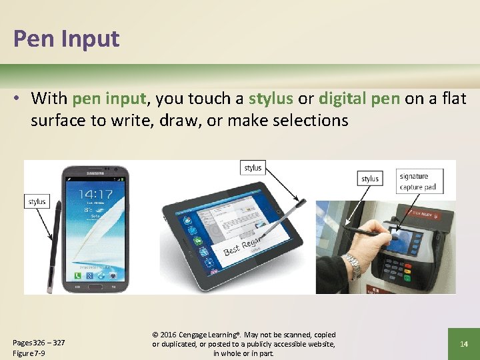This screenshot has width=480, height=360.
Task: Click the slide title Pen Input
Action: point(66,39)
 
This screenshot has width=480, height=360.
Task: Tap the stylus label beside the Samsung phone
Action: point(37,201)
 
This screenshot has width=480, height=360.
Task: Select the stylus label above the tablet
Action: point(253,167)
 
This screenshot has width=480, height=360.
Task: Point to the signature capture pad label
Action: point(418,181)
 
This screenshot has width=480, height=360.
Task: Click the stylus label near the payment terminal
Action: point(370,178)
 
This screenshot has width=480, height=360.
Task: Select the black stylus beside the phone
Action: point(55,247)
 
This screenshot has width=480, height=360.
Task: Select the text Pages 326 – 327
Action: point(39,343)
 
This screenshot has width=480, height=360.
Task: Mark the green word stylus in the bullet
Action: point(271,99)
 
